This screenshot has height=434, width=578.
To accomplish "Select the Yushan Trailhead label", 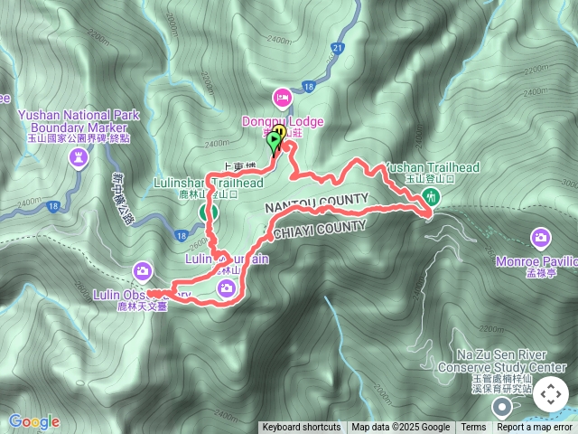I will click(x=432, y=167).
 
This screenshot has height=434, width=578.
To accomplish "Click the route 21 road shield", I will click(x=338, y=47).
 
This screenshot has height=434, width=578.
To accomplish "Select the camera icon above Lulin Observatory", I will click(x=143, y=270).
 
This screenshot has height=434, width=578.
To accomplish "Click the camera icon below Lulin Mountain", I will click(x=226, y=288).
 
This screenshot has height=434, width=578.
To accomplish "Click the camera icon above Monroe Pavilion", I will click(x=541, y=238).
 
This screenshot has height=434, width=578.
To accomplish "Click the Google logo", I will click(x=33, y=421).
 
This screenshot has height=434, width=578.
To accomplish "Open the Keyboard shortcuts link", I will click(x=302, y=428).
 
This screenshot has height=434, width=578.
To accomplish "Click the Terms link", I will click(x=473, y=428).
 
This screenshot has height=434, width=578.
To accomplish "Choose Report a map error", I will click(x=535, y=428).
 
